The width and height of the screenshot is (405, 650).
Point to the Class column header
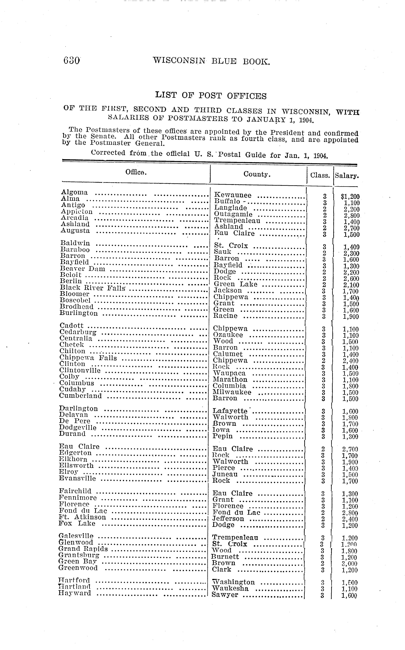(320, 175)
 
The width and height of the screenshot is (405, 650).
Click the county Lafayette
(230, 411)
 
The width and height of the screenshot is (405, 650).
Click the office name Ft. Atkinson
(82, 517)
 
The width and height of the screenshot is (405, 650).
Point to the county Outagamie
(233, 214)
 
